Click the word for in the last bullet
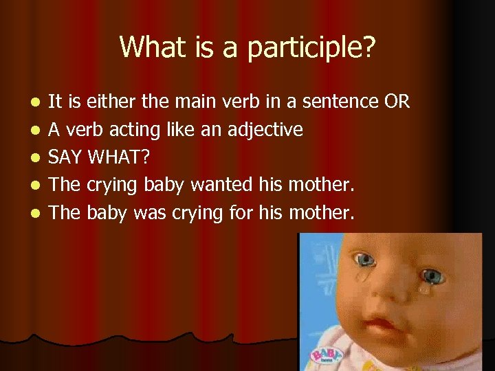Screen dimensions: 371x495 [240, 212]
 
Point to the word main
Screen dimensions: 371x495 [193, 102]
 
